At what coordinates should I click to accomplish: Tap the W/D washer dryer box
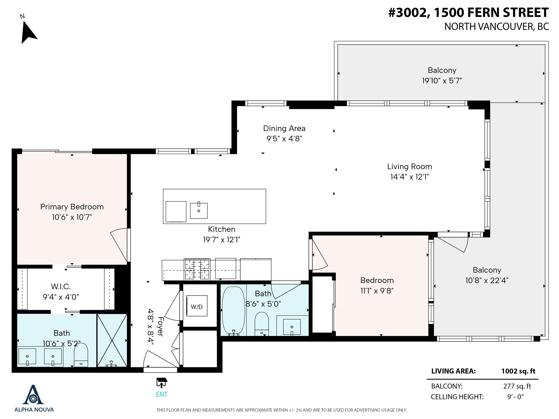(x=197, y=306)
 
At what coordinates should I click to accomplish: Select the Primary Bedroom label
(x=72, y=207)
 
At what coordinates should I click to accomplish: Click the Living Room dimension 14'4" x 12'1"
(x=409, y=177)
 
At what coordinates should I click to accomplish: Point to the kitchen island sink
(x=199, y=210)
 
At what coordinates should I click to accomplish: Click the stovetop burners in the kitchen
(x=197, y=269)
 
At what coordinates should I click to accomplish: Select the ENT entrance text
(x=162, y=394)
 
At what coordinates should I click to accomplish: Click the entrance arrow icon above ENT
(x=162, y=383)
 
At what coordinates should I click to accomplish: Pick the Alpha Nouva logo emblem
(x=33, y=395)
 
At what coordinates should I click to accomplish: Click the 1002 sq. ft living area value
(x=518, y=371)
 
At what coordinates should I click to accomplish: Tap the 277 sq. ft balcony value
(x=517, y=386)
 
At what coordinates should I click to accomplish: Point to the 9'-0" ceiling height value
(x=516, y=397)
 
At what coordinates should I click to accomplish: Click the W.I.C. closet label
(x=61, y=287)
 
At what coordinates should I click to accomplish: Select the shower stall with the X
(x=112, y=340)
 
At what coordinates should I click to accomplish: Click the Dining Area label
(x=284, y=128)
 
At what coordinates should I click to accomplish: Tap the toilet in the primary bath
(x=81, y=355)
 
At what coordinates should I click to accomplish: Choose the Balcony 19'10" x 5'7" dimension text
(x=442, y=81)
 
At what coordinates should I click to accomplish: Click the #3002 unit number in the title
(x=410, y=13)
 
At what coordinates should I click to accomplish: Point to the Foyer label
(x=160, y=327)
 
